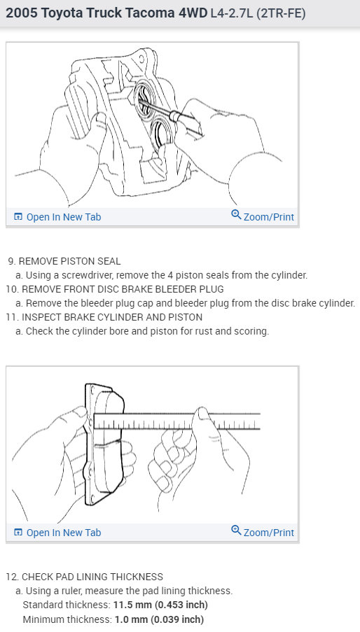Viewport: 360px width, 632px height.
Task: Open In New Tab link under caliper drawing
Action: click(63, 217)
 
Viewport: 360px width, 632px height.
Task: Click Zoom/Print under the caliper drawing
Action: click(268, 217)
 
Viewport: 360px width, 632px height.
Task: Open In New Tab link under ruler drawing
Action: click(63, 533)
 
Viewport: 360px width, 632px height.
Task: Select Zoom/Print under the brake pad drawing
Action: click(268, 533)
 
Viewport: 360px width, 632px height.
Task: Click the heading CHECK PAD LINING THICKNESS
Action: click(92, 577)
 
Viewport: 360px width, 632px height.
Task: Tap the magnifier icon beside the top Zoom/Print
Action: click(236, 216)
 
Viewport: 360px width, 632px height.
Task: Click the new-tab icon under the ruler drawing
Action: click(18, 533)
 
